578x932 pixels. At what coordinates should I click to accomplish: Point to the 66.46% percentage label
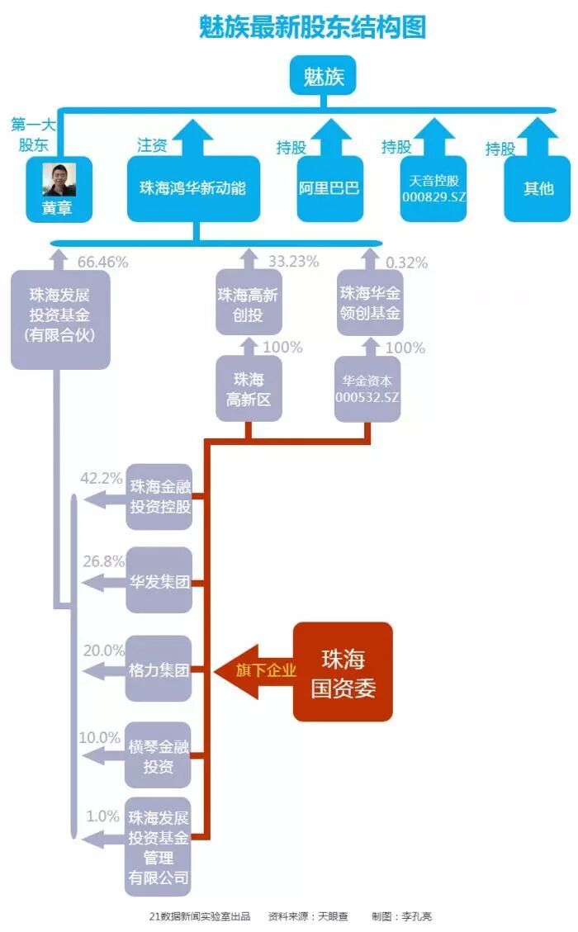tap(102, 263)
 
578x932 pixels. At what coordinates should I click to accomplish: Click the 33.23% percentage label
tap(293, 263)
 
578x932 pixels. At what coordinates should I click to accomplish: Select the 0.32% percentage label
tap(406, 263)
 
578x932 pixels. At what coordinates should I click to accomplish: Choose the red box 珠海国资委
tap(343, 672)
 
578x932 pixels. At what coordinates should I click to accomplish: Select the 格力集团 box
tap(159, 669)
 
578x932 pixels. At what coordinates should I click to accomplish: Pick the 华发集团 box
tap(159, 581)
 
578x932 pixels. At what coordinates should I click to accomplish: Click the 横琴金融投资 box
tap(159, 756)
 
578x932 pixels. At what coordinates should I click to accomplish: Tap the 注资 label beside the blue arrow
tap(152, 145)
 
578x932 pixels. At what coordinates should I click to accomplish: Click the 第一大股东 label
tap(33, 134)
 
